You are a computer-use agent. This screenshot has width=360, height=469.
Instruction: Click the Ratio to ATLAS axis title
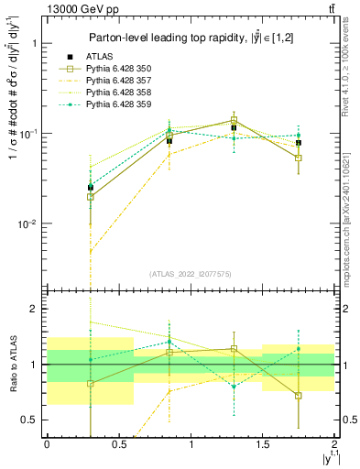(12, 364)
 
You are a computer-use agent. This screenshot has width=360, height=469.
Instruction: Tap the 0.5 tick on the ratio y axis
(29, 420)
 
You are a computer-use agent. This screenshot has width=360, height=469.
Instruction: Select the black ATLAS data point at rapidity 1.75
(299, 143)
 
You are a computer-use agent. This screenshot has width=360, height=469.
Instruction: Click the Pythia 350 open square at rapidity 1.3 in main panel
(234, 120)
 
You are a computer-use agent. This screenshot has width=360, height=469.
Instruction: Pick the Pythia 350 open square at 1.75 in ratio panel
(299, 396)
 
